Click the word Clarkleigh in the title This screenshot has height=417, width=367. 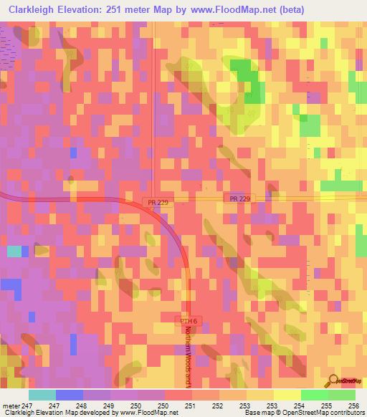coord(34,10)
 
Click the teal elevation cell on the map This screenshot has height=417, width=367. coord(14,251)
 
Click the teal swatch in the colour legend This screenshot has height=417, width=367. coord(42,395)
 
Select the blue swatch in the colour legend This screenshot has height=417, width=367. coord(69,395)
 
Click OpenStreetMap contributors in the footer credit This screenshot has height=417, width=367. coord(328,413)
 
